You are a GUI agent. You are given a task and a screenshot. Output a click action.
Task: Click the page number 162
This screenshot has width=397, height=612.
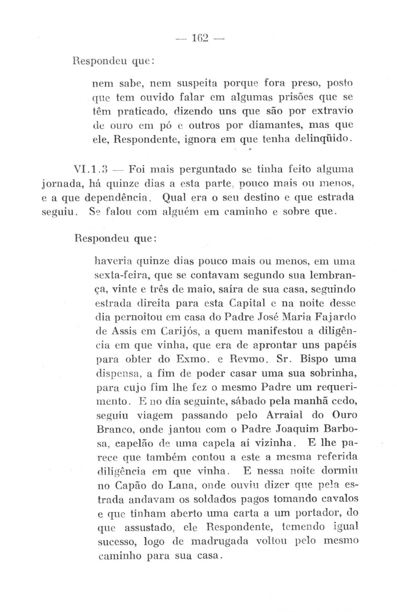(x=200, y=38)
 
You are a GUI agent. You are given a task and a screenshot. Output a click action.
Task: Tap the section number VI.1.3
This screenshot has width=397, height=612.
(x=89, y=169)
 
